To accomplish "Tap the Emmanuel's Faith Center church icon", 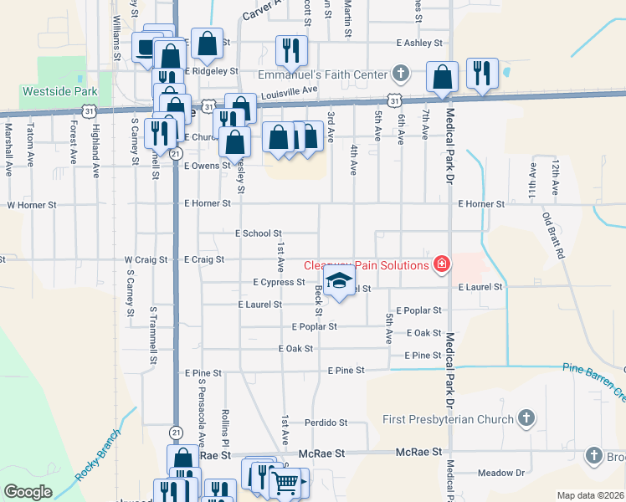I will [401, 74].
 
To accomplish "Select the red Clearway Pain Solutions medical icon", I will [441, 265].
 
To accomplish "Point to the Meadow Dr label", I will [502, 473].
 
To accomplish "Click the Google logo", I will [28, 492].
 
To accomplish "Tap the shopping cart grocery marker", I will [285, 482].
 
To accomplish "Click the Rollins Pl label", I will [225, 424].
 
